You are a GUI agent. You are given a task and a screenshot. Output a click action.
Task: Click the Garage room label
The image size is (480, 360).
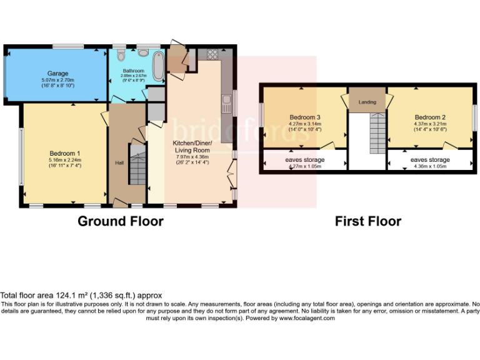tap(57, 73)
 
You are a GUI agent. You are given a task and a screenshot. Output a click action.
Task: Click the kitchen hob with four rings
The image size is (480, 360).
tap(212, 54)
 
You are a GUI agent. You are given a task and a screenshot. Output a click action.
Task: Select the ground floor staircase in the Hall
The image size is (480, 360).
tap(137, 164)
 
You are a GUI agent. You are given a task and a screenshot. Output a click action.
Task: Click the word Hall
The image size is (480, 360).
tap(119, 163)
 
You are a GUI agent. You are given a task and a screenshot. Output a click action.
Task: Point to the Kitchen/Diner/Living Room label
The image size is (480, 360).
tap(192, 146)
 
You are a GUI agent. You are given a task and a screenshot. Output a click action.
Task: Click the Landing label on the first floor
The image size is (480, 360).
tap(367, 102)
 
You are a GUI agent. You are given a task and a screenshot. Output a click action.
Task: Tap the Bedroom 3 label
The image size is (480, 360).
tap(305, 117)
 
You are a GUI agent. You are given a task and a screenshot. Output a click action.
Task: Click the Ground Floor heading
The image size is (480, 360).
tap(121, 221)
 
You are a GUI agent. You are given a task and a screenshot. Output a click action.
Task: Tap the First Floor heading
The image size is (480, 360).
tap(368, 221)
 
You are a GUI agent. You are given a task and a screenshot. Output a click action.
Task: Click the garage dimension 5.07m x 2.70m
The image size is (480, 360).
tap(58, 80)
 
